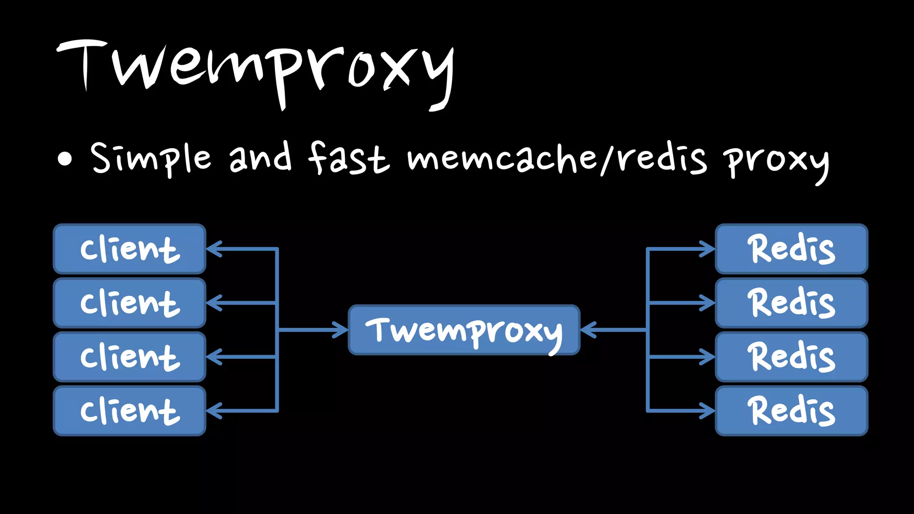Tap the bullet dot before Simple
pos(65,159)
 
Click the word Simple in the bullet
pos(151,158)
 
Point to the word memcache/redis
pos(557,158)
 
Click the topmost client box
pos(129,249)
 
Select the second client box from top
pos(129,303)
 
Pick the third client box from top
pos(129,357)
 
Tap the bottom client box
pos(129,411)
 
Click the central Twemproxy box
pos(464,330)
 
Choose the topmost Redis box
pos(792,249)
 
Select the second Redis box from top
pos(792,303)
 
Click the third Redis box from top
pos(792,357)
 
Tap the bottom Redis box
pos(792,411)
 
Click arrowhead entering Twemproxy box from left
pos(341,330)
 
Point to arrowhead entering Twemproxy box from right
pos(587,330)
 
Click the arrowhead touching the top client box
pos(213,249)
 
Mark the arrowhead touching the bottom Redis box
pos(708,411)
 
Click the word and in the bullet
pos(261,157)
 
